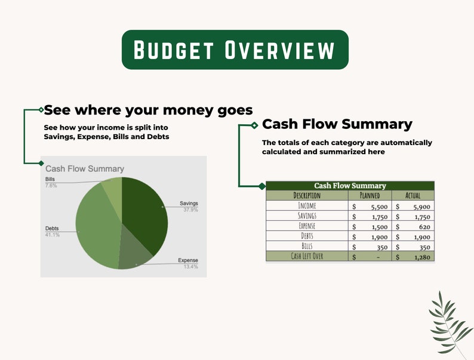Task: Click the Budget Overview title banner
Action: (235, 50)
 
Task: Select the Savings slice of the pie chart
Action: (146, 215)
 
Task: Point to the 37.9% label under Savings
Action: (190, 210)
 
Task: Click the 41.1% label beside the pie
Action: (53, 235)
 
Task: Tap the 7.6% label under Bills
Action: (51, 186)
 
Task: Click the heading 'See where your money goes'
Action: (148, 110)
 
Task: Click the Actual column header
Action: (413, 195)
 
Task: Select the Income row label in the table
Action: (307, 206)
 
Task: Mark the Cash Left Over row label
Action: (307, 257)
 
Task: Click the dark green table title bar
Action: (350, 186)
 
